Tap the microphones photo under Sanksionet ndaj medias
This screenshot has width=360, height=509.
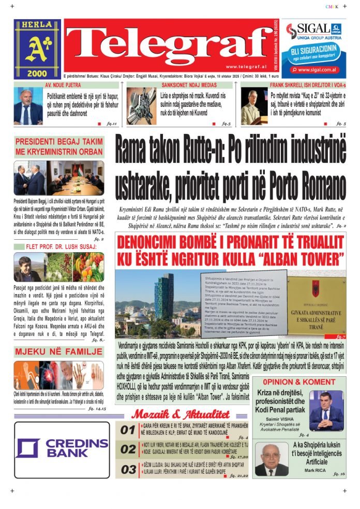point(141,106)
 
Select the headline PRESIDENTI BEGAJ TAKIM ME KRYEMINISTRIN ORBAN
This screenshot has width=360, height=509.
point(58,147)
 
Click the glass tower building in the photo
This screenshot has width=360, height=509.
point(164,297)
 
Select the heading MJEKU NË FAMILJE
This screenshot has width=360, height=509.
point(58,352)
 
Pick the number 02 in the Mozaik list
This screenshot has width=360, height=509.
point(128,450)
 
